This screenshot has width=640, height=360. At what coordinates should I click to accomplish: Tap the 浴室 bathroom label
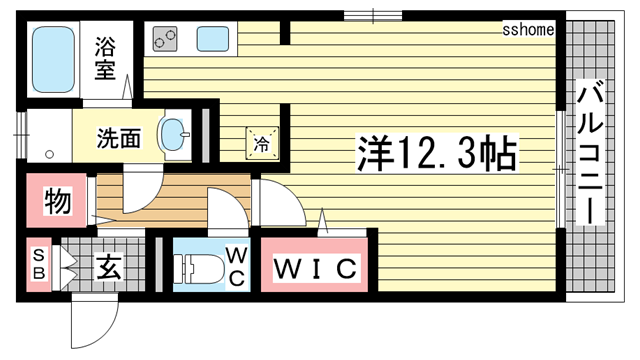click(x=106, y=58)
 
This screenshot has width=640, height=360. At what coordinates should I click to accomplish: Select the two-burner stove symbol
click(x=164, y=40)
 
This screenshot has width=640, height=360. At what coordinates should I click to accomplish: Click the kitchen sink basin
click(x=213, y=40)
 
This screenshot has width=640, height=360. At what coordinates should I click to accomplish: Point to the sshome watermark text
click(x=528, y=29)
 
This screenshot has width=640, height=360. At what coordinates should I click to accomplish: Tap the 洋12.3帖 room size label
click(x=437, y=153)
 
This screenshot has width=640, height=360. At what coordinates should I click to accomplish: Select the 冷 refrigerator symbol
click(x=259, y=141)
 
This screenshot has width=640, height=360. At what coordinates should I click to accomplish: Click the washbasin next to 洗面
click(x=176, y=136)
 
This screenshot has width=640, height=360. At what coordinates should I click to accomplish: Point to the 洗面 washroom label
click(x=118, y=138)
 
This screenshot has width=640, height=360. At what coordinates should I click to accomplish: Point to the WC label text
click(x=235, y=264)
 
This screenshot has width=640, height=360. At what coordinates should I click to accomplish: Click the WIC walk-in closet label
click(x=316, y=268)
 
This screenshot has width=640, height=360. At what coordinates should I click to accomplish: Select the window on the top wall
click(x=373, y=14)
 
